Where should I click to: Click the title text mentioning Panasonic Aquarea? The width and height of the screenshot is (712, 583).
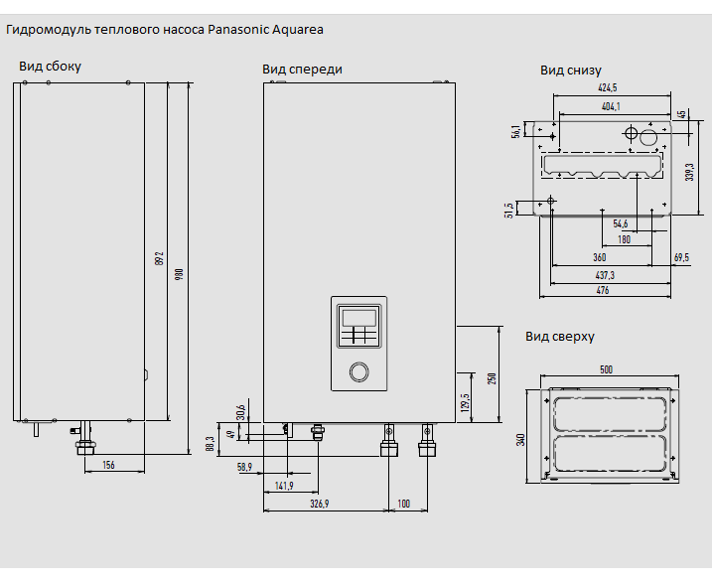pyautogui.click(x=165, y=29)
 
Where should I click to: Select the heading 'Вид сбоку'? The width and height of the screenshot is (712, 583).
pyautogui.click(x=50, y=67)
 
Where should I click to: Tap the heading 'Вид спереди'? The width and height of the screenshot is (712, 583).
pyautogui.click(x=302, y=70)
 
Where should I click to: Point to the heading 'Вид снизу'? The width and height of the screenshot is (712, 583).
pyautogui.click(x=572, y=71)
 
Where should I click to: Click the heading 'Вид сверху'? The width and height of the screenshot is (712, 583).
pyautogui.click(x=560, y=337)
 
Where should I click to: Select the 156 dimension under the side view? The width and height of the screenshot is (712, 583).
pyautogui.click(x=108, y=465)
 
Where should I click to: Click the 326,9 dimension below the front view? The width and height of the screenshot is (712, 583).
pyautogui.click(x=319, y=505)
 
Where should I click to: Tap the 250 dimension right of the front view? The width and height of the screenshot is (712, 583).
pyautogui.click(x=491, y=377)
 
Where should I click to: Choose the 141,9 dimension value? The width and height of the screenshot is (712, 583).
pyautogui.click(x=284, y=485)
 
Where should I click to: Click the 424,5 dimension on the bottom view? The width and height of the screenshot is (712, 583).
pyautogui.click(x=608, y=88)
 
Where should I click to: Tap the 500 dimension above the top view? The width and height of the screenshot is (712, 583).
pyautogui.click(x=606, y=369)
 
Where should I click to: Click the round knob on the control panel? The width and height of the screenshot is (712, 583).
pyautogui.click(x=357, y=372)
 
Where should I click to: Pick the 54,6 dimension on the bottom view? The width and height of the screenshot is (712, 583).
pyautogui.click(x=621, y=223)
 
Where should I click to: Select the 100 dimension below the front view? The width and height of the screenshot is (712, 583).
pyautogui.click(x=403, y=505)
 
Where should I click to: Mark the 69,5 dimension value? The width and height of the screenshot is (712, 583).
pyautogui.click(x=681, y=257)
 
